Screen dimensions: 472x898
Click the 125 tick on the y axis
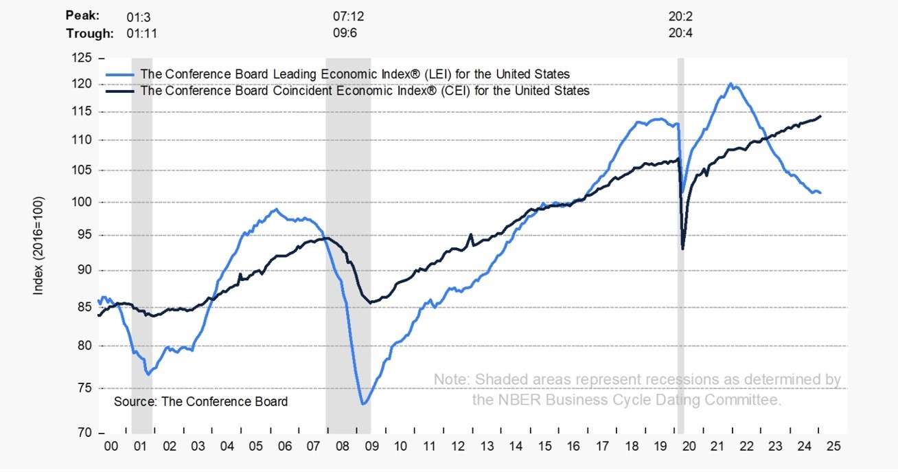(82, 59)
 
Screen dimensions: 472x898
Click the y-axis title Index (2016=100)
(39, 246)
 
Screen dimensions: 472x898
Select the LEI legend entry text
(355, 74)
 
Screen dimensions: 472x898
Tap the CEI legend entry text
(365, 90)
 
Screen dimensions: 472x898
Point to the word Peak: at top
(82, 14)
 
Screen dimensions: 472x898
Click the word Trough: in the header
(89, 33)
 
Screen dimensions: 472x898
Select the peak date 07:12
(347, 14)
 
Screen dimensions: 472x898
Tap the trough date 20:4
(680, 33)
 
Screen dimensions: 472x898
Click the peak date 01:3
(140, 14)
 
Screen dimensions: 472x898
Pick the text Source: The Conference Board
(200, 401)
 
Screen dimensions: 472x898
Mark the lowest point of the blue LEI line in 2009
(362, 404)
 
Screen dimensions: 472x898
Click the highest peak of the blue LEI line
(730, 84)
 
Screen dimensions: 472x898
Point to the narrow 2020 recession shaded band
(681, 240)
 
